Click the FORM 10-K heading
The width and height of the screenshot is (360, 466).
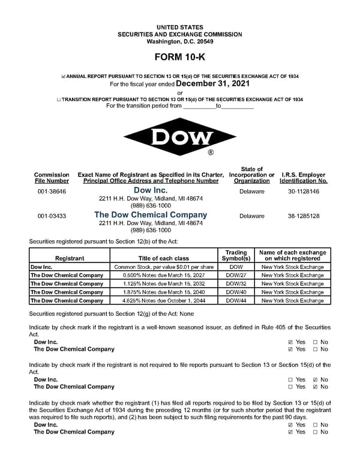pyautogui.click(x=179, y=59)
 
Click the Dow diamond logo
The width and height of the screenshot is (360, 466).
pyautogui.click(x=179, y=138)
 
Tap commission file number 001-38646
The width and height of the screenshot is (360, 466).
pyautogui.click(x=52, y=192)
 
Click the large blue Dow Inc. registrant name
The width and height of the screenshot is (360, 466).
pyautogui.click(x=151, y=190)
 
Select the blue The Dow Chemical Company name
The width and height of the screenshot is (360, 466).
pyautogui.click(x=151, y=215)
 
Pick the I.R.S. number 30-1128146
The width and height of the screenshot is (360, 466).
pyautogui.click(x=304, y=192)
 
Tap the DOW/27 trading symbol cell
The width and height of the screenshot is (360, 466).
pyautogui.click(x=236, y=275)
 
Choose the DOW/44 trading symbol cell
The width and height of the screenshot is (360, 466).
pyautogui.click(x=236, y=300)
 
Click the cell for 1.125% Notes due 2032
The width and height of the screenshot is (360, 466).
pyautogui.click(x=164, y=283)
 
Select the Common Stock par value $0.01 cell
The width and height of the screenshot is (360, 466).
pyautogui.click(x=164, y=267)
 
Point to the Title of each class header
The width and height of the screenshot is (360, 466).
pyautogui.click(x=164, y=258)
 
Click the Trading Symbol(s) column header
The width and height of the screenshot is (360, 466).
pyautogui.click(x=236, y=255)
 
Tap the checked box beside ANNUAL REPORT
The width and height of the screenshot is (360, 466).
pyautogui.click(x=64, y=77)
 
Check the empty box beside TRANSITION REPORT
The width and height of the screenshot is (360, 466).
pyautogui.click(x=59, y=100)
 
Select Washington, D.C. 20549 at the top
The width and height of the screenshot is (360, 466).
pyautogui.click(x=179, y=41)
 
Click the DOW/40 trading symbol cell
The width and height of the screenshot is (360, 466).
pyautogui.click(x=236, y=292)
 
